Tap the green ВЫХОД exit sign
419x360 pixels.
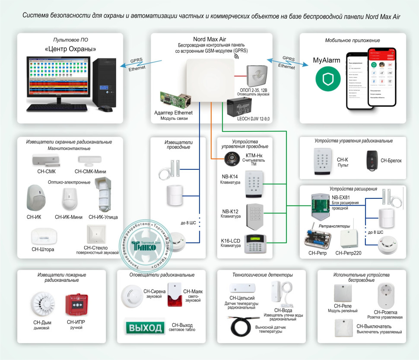click(145, 326)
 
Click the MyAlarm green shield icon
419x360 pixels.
click(327, 78)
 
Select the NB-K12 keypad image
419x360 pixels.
click(255, 215)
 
